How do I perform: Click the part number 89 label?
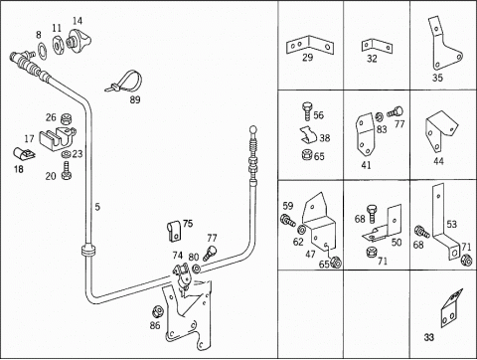coord(135,99)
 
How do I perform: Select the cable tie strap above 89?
coord(124,82)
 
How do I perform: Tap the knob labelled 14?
coord(79,40)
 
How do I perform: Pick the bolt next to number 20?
coord(67,171)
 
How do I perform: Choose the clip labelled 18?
coord(25,153)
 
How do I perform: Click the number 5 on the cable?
coord(97,207)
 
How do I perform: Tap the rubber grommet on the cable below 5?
coord(87,251)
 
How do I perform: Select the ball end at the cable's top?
coord(253,128)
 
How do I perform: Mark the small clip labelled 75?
coord(174,230)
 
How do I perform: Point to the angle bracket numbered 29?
coord(310,46)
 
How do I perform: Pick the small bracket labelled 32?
coord(377,46)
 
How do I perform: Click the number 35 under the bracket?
coord(437,78)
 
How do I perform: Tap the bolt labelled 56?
coord(307,111)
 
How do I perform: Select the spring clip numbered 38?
coord(309,134)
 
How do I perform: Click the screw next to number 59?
coord(288,221)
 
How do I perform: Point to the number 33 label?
coord(429,337)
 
